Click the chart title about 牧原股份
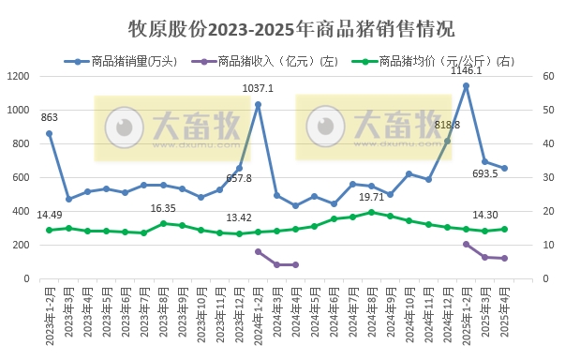click(x=282, y=28)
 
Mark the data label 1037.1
click(x=259, y=88)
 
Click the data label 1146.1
click(x=466, y=70)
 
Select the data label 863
click(x=49, y=118)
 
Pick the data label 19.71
click(x=373, y=198)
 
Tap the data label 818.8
click(x=447, y=126)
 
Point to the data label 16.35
click(x=163, y=208)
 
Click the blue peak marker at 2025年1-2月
click(x=466, y=85)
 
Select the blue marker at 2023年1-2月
click(x=49, y=133)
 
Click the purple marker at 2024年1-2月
click(x=258, y=251)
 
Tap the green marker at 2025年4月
click(x=504, y=229)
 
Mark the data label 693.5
click(x=484, y=174)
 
